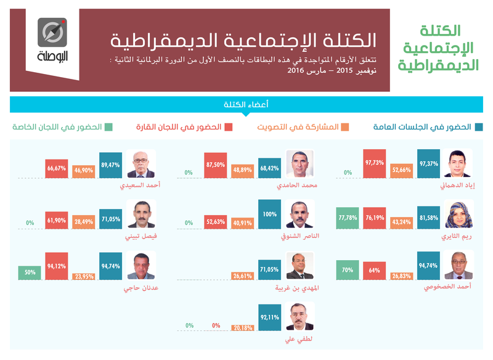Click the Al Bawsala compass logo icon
click(52, 33)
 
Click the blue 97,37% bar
click(428, 164)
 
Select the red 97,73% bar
click(375, 164)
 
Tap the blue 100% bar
click(269, 215)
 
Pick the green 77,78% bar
click(348, 218)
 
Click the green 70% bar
click(348, 270)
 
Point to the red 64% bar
click(375, 271)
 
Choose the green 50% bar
click(30, 273)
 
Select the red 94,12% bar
click(57, 266)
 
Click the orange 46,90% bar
click(84, 171)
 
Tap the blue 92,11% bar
click(269, 317)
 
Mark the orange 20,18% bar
click(242, 328)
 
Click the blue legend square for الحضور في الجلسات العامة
click(479, 127)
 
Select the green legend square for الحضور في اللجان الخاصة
click(108, 127)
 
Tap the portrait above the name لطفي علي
click(300, 317)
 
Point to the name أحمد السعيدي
click(140, 185)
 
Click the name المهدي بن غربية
click(297, 288)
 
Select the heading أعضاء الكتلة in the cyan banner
click(246, 104)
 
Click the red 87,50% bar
click(215, 165)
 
